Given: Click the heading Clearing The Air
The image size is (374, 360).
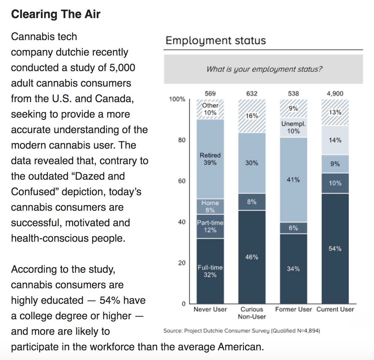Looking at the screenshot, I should click(x=56, y=14).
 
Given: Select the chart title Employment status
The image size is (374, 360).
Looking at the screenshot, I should click(x=215, y=40).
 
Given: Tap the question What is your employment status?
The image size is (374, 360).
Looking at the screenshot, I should click(x=264, y=69).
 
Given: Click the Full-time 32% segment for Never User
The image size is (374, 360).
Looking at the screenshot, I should click(x=210, y=271).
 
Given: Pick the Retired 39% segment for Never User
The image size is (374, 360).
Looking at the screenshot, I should click(x=210, y=159).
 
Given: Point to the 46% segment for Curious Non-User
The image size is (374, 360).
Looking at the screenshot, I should click(x=252, y=257).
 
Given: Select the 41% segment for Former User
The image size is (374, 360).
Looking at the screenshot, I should click(x=293, y=180).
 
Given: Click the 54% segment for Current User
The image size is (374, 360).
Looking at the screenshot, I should click(x=335, y=249).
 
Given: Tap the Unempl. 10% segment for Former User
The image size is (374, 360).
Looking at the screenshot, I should click(x=293, y=127).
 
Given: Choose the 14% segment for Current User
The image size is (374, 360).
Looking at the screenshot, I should click(x=335, y=140).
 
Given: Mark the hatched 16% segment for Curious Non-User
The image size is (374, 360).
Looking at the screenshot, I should click(x=252, y=116).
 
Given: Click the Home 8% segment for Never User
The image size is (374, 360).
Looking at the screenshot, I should click(x=210, y=206).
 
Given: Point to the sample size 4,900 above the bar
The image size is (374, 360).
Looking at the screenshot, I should click(x=335, y=93).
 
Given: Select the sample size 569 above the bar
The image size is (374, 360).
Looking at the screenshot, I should click(x=210, y=93).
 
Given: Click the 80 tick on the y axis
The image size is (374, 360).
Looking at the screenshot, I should click(x=181, y=140).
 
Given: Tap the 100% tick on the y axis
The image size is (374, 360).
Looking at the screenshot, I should click(x=177, y=99).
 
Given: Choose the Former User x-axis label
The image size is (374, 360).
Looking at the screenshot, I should click(x=293, y=309).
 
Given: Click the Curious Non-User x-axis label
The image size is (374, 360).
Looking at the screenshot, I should click(x=252, y=313).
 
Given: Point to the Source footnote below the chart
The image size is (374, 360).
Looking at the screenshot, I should click(x=241, y=331).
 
